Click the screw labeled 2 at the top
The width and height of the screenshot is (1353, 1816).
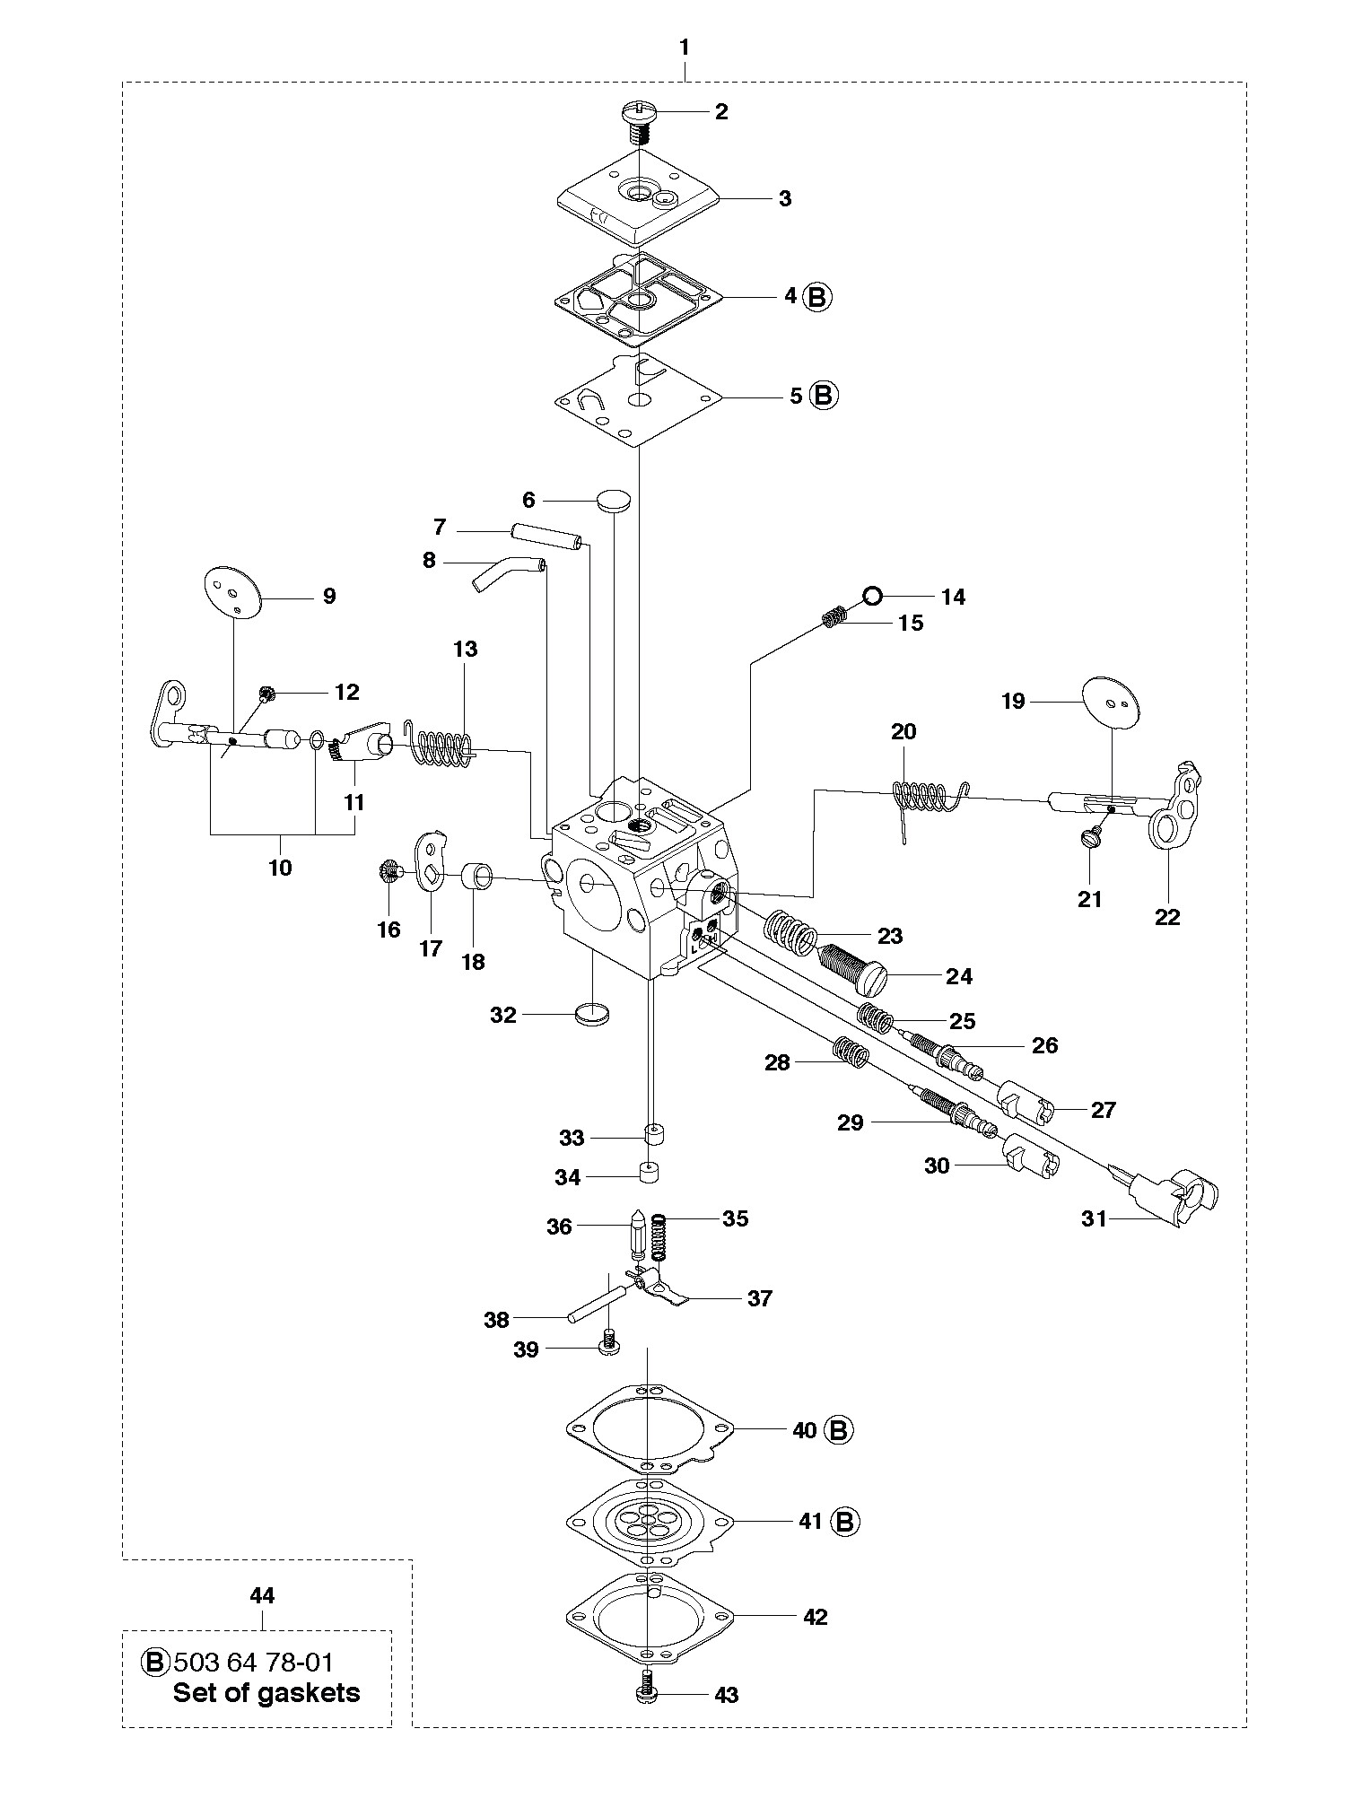[638, 114]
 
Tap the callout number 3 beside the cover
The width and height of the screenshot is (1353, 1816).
[785, 198]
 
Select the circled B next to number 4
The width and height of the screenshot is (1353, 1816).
[817, 296]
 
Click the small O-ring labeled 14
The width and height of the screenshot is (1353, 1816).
[873, 595]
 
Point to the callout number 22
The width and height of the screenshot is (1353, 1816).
[1167, 916]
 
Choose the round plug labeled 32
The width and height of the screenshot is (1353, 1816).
[591, 1017]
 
